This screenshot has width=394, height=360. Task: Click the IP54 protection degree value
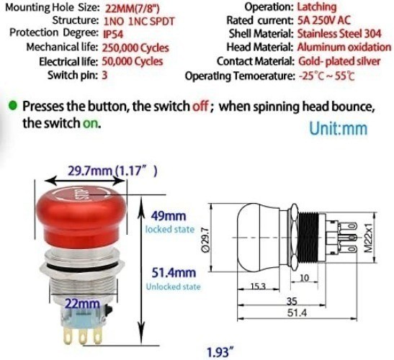[113, 34]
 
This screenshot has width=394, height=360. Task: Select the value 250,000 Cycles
[135, 48]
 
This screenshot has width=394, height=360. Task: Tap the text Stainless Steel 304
[339, 34]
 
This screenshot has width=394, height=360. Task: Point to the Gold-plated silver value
[339, 61]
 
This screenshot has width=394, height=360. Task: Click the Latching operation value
[317, 6]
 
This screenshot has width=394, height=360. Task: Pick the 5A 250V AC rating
[324, 20]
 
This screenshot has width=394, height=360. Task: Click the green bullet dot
[12, 105]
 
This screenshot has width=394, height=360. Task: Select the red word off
[200, 107]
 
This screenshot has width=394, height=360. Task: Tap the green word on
[91, 123]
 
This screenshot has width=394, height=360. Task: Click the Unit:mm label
[339, 128]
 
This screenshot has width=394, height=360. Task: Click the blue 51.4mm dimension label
[174, 273]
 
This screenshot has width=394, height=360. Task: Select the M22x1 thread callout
[368, 238]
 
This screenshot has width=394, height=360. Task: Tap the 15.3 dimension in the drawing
[258, 286]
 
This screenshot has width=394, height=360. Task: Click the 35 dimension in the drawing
[292, 301]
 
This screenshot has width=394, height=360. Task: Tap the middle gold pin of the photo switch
[82, 336]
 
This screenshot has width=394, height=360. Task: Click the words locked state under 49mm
[170, 230]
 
